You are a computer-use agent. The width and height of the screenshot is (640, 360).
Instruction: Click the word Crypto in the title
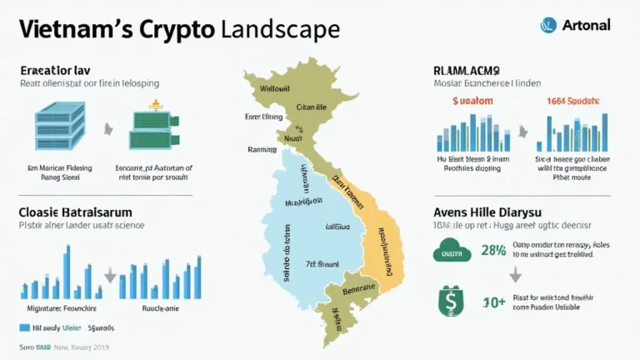coord(174,29)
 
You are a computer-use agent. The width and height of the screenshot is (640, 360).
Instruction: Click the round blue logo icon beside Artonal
coord(547,25)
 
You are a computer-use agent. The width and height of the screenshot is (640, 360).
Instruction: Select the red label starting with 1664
coord(572,100)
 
